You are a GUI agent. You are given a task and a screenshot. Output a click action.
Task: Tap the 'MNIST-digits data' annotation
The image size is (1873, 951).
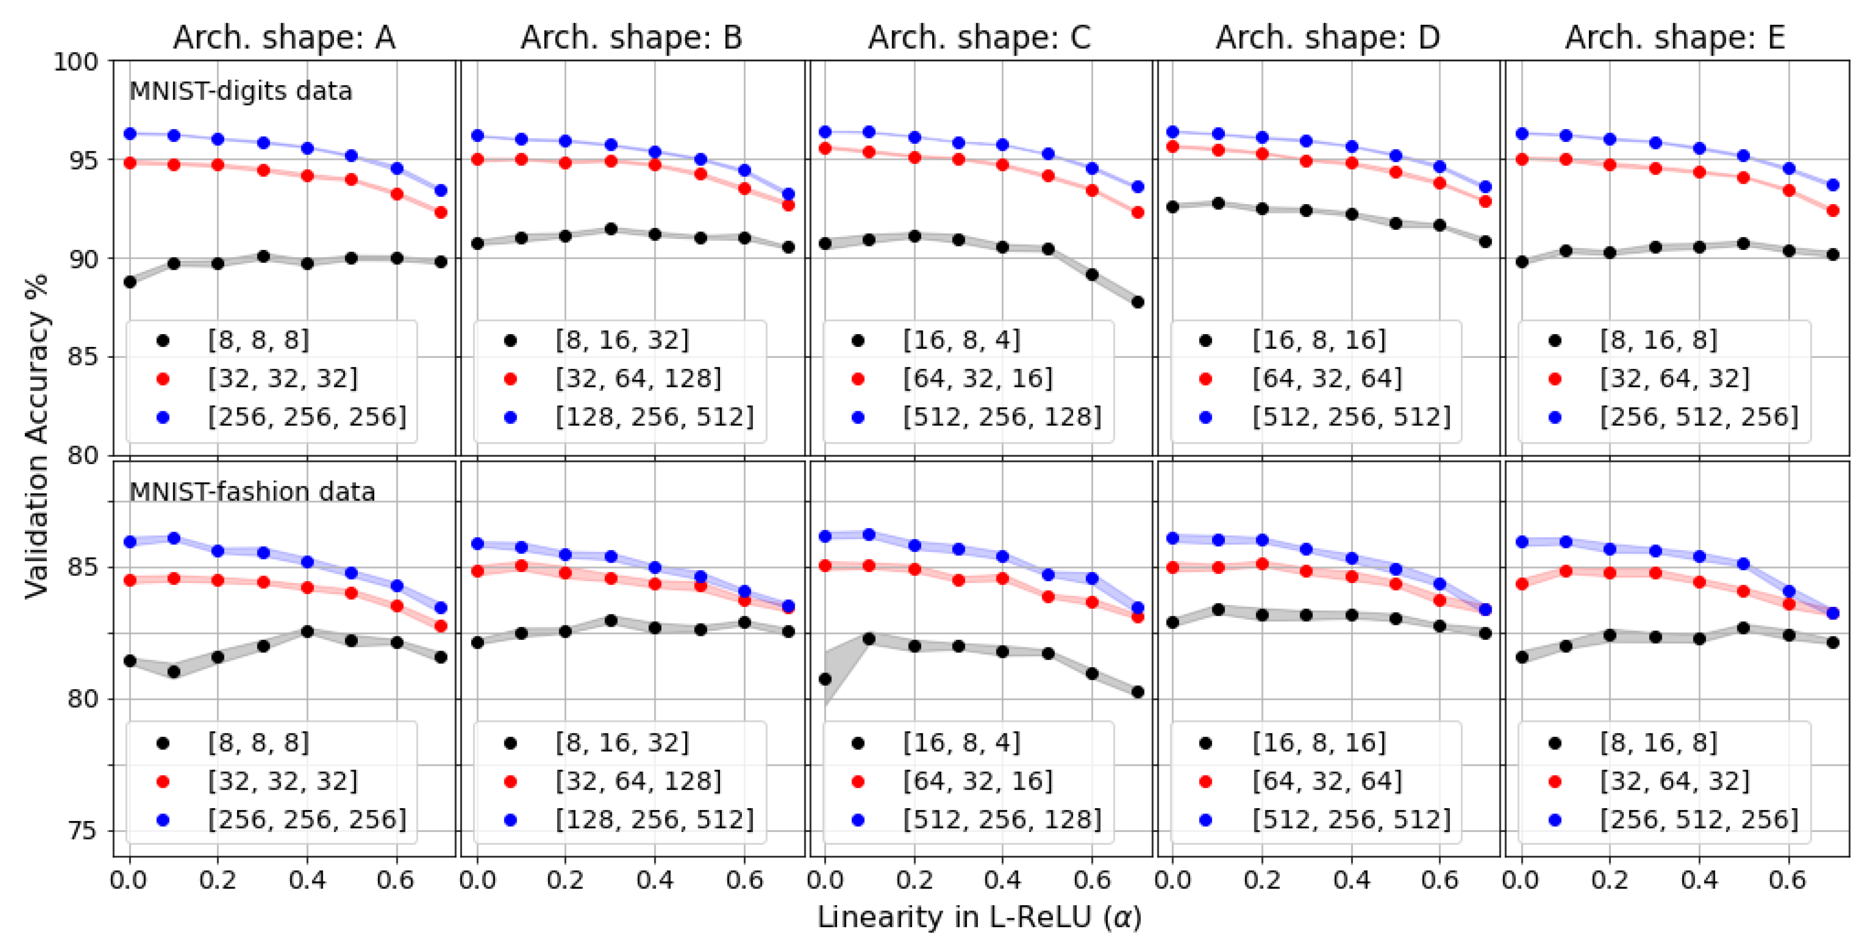click(241, 91)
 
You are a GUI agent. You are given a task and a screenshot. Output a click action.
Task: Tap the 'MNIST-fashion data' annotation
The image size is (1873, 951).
click(252, 492)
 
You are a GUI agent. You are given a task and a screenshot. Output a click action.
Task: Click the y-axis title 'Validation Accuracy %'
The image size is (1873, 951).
click(36, 436)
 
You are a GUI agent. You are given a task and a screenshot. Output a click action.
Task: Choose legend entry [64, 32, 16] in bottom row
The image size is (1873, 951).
click(977, 782)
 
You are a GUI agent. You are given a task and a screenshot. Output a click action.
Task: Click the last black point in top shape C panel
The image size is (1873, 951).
click(1138, 302)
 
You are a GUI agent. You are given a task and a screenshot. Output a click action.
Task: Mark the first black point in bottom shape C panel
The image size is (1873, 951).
click(825, 679)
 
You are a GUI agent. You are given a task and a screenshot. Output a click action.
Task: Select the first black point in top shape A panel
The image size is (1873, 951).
click(130, 281)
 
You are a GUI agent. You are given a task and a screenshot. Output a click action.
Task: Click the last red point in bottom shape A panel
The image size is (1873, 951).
click(441, 626)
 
